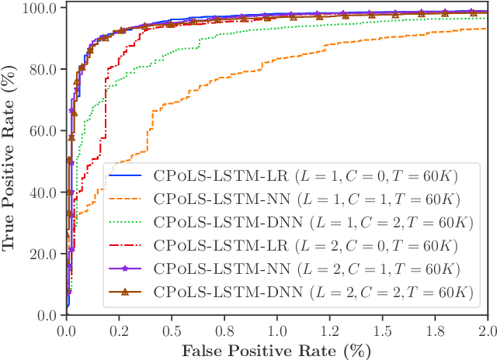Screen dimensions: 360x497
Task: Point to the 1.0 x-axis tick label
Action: pyautogui.click(x=276, y=329)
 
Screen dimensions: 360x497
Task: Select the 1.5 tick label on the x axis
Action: pyautogui.click(x=382, y=329)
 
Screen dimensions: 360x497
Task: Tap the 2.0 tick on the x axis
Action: pyautogui.click(x=486, y=329)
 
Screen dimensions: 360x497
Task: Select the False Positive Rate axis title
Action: pyautogui.click(x=276, y=350)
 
